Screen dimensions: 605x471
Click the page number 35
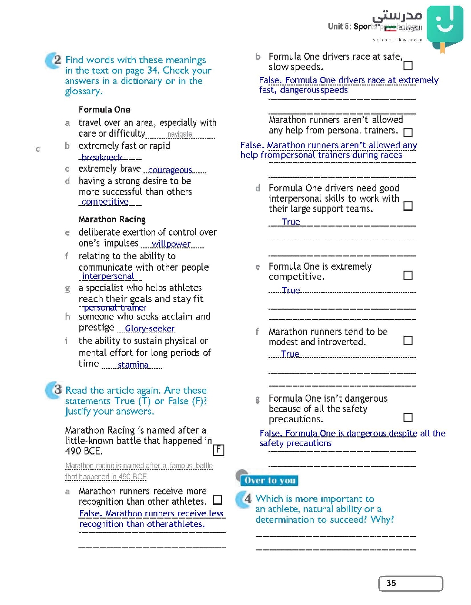(391, 583)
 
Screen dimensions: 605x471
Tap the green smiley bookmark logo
(445, 25)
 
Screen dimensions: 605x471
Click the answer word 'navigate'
(180, 134)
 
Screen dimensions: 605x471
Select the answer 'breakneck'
(102, 157)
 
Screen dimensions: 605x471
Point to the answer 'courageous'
(170, 170)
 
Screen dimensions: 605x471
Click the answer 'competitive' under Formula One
(105, 202)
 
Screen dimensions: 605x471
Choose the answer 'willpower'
(171, 244)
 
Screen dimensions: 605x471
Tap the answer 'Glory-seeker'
(150, 329)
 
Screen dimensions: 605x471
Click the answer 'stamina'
(133, 365)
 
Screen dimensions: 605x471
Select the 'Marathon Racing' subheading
(112, 219)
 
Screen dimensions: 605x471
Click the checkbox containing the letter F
(218, 450)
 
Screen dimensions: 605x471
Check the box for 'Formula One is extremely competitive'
(408, 275)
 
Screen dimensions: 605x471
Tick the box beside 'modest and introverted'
(408, 340)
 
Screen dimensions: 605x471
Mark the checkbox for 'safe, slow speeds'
(408, 66)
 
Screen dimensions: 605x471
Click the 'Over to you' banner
(269, 481)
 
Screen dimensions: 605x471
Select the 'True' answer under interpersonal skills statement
(291, 222)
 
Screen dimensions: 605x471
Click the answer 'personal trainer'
(115, 308)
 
